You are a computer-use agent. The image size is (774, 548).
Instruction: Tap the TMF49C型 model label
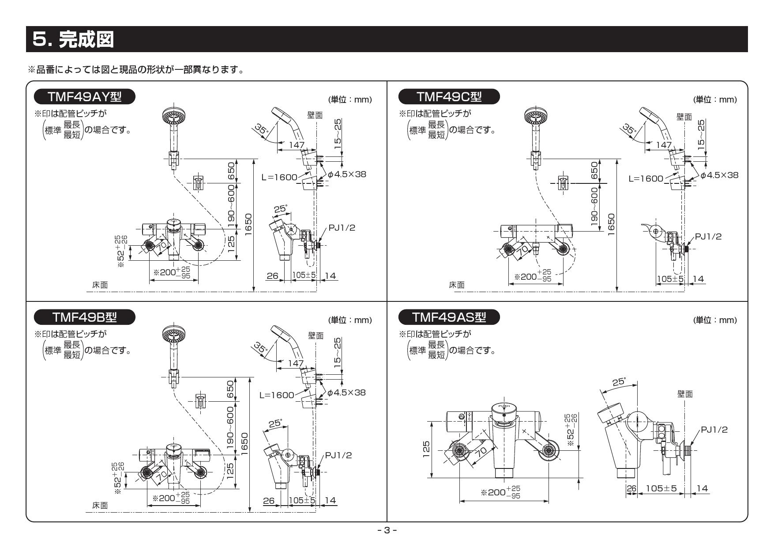click(x=449, y=96)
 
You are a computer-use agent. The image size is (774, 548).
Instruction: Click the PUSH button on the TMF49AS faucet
click(x=503, y=407)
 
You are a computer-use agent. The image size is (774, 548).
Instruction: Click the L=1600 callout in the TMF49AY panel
click(x=279, y=177)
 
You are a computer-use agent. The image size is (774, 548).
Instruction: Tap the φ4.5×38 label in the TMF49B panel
click(x=346, y=392)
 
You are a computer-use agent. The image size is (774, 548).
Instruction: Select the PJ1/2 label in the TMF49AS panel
click(x=714, y=430)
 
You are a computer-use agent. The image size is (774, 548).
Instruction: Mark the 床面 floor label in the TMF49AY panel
click(x=99, y=285)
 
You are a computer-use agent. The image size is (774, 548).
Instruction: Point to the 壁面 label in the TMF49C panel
click(x=684, y=116)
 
